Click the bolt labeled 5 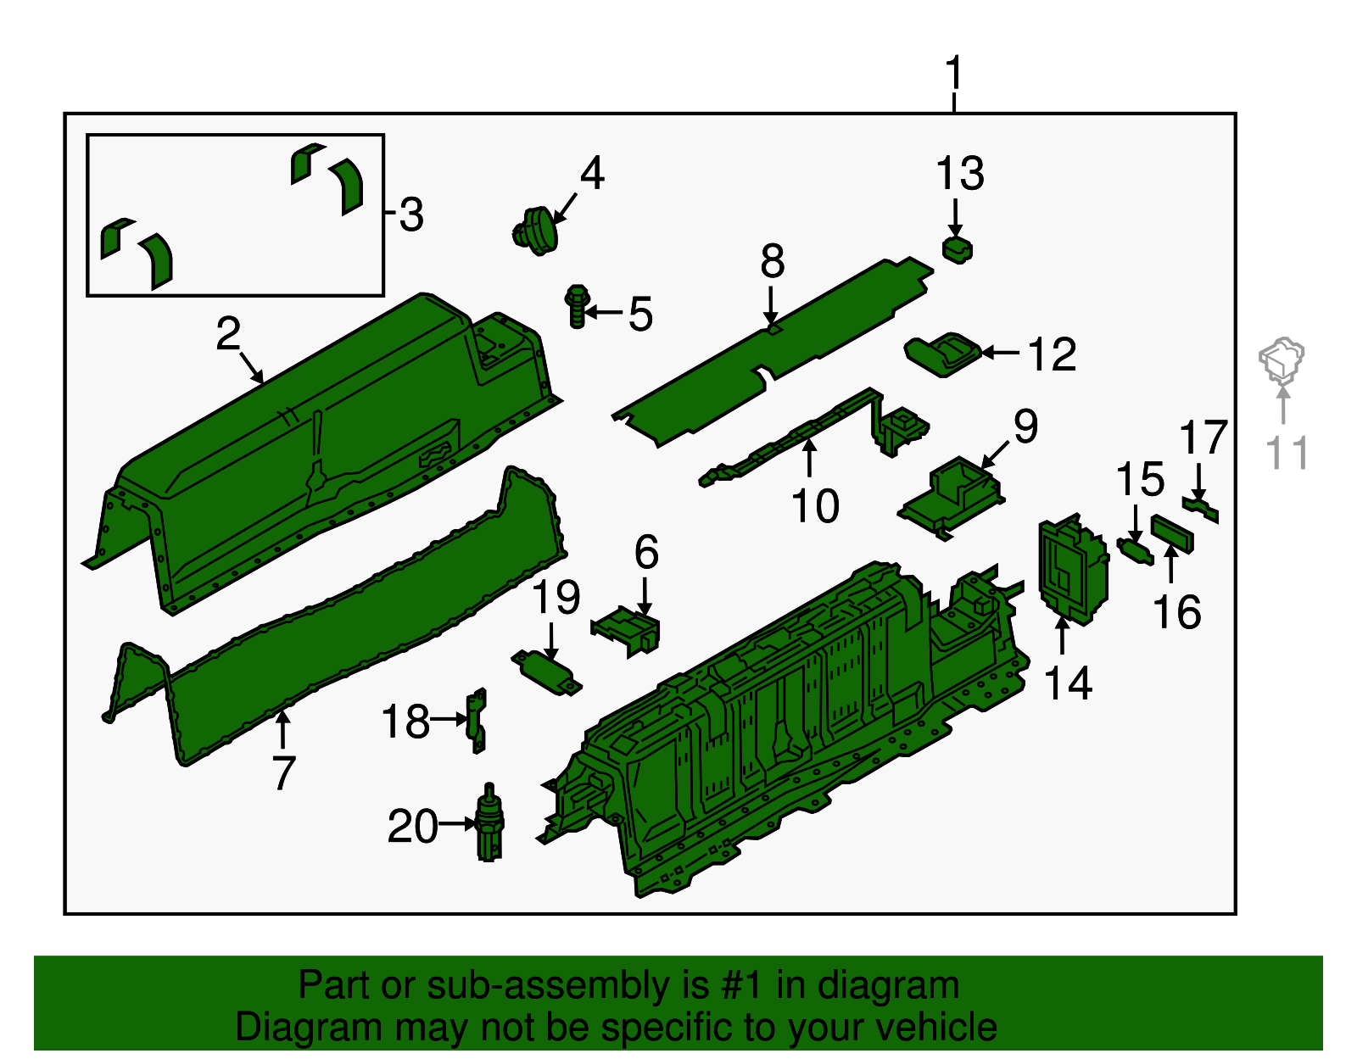coord(578,306)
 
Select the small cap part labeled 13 coord(958,249)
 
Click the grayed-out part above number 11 coord(1281,360)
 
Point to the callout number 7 coord(283,772)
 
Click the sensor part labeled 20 coord(489,824)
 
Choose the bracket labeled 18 coord(478,720)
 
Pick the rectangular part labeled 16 coord(1172,533)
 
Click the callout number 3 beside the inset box coord(411,215)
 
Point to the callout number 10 coord(815,506)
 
